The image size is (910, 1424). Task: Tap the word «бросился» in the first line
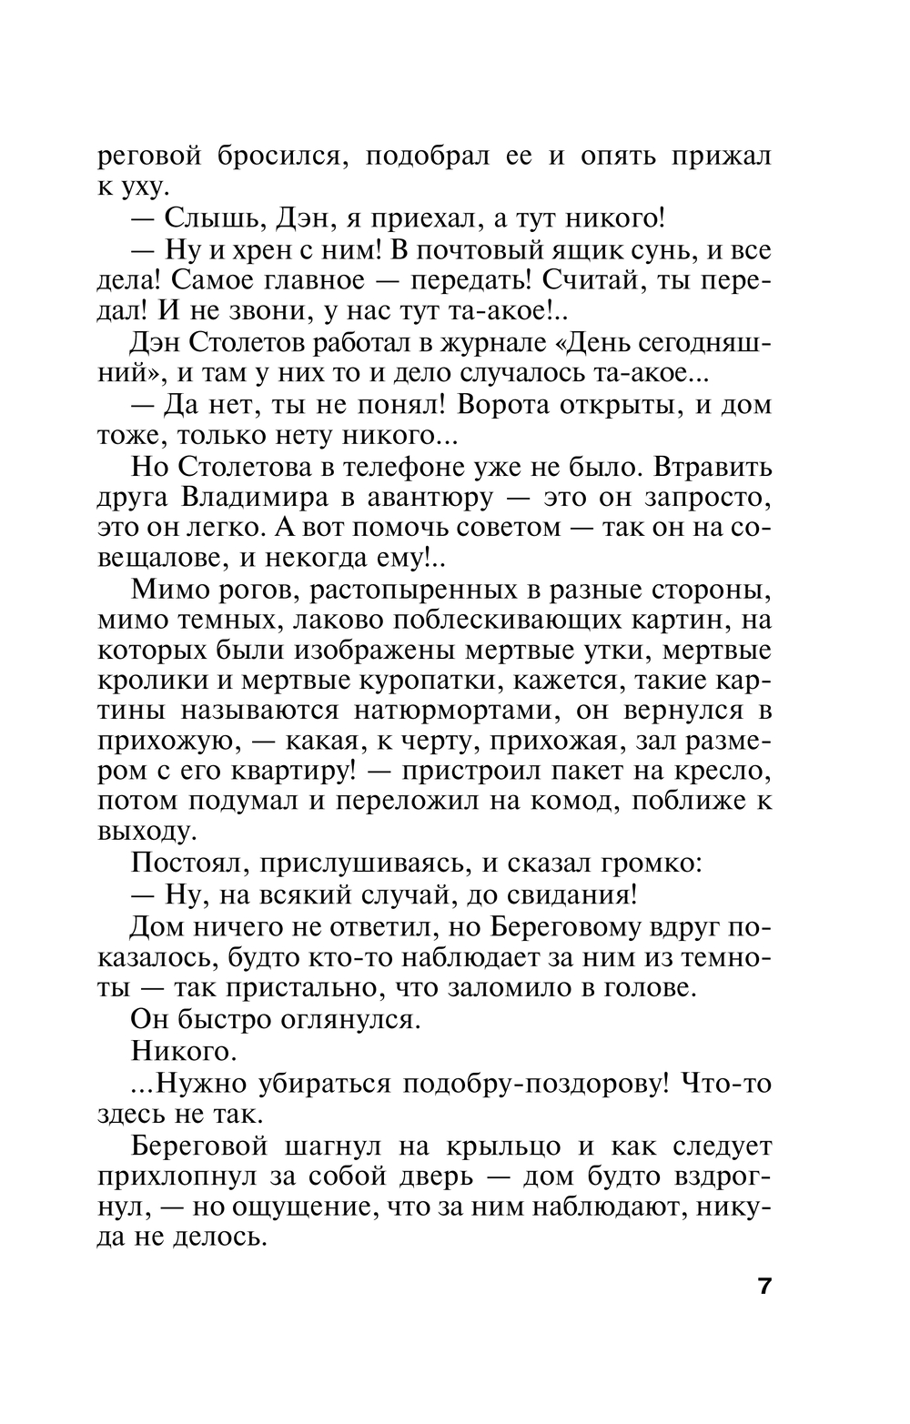coord(280,156)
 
